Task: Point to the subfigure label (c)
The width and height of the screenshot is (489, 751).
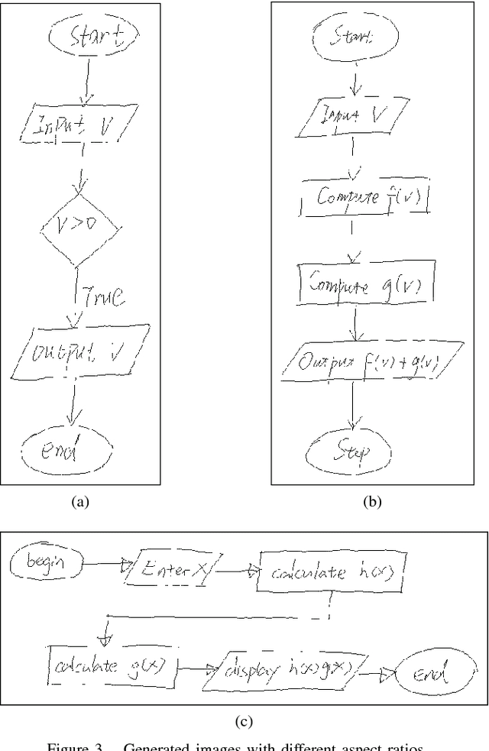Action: click(243, 720)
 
